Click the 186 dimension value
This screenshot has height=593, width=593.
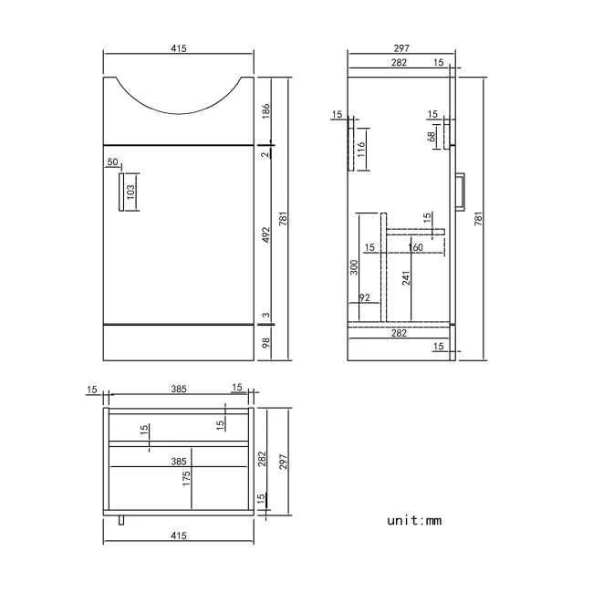point(265,110)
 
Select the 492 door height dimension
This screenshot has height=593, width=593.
point(265,234)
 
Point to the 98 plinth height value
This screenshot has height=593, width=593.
point(265,342)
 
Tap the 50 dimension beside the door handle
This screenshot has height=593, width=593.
point(113,162)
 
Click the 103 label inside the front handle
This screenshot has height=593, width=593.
point(130,192)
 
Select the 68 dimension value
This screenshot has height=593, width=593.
point(431,137)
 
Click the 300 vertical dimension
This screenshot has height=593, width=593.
point(354,267)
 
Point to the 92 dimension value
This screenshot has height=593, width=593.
point(364,297)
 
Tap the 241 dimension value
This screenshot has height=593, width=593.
point(406,277)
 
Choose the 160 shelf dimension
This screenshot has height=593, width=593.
point(416,247)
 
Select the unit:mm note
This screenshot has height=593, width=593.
point(414,520)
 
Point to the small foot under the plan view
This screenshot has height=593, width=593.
point(123,521)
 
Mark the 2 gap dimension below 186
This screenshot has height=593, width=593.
point(265,155)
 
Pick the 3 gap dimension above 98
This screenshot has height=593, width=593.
point(265,315)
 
